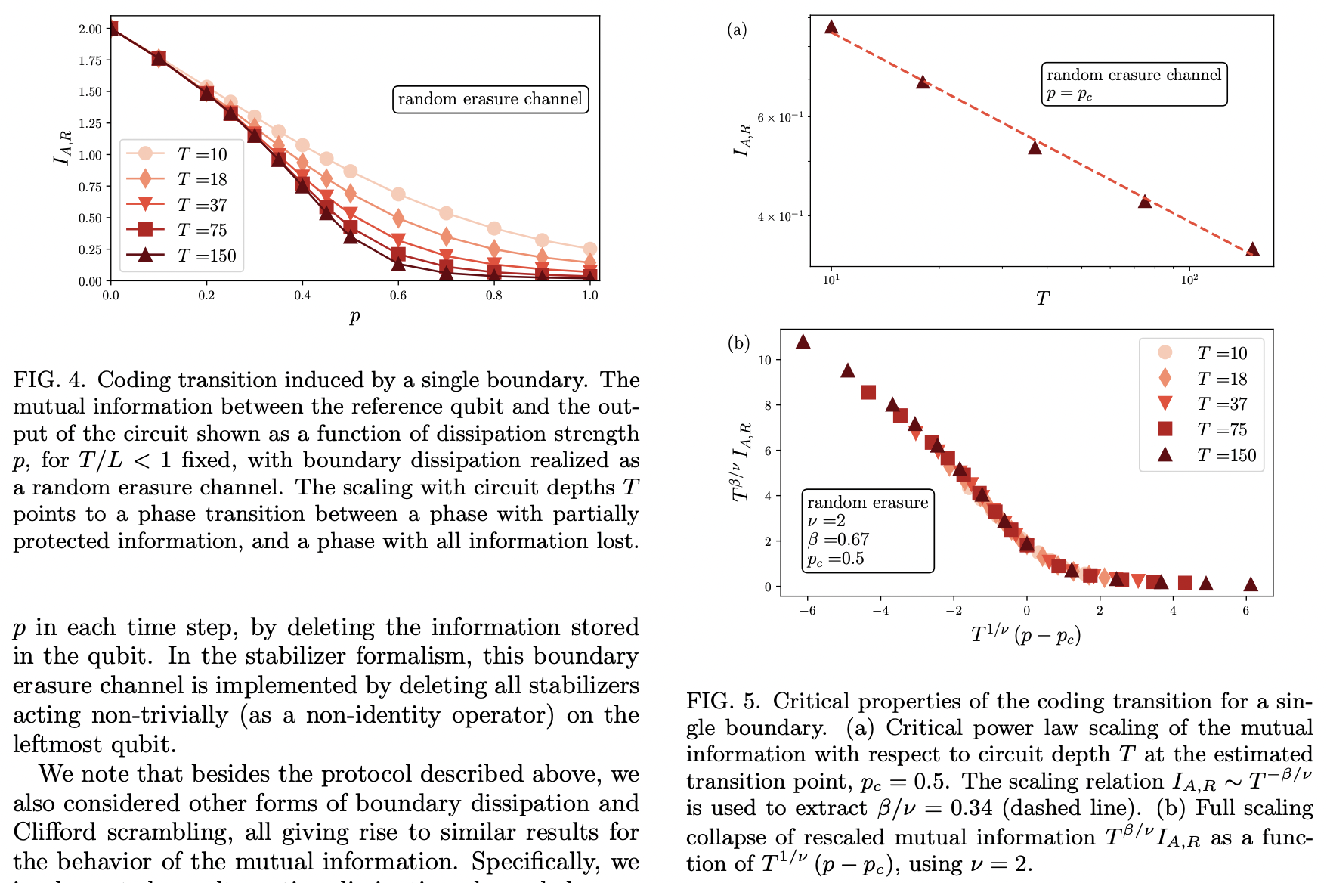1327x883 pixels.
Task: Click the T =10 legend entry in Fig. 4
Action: click(x=181, y=154)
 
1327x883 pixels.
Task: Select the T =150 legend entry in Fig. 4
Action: click(x=181, y=256)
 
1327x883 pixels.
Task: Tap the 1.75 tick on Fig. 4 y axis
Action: click(x=90, y=60)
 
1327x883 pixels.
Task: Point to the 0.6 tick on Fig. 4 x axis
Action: click(x=398, y=296)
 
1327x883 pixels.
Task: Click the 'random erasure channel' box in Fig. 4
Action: click(x=490, y=99)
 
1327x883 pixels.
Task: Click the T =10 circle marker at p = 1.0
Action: click(x=590, y=249)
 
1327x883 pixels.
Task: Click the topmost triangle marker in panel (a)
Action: click(x=831, y=27)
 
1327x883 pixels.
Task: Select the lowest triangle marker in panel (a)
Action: click(x=1252, y=249)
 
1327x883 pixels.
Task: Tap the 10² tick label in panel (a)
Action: click(x=1189, y=280)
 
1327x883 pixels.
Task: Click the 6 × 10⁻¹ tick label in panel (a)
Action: click(x=780, y=117)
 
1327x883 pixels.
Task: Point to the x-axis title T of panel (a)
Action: click(x=1042, y=299)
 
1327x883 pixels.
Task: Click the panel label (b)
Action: click(x=738, y=343)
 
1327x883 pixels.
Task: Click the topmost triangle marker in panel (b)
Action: click(x=803, y=342)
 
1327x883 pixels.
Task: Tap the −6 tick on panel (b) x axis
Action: click(x=808, y=611)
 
